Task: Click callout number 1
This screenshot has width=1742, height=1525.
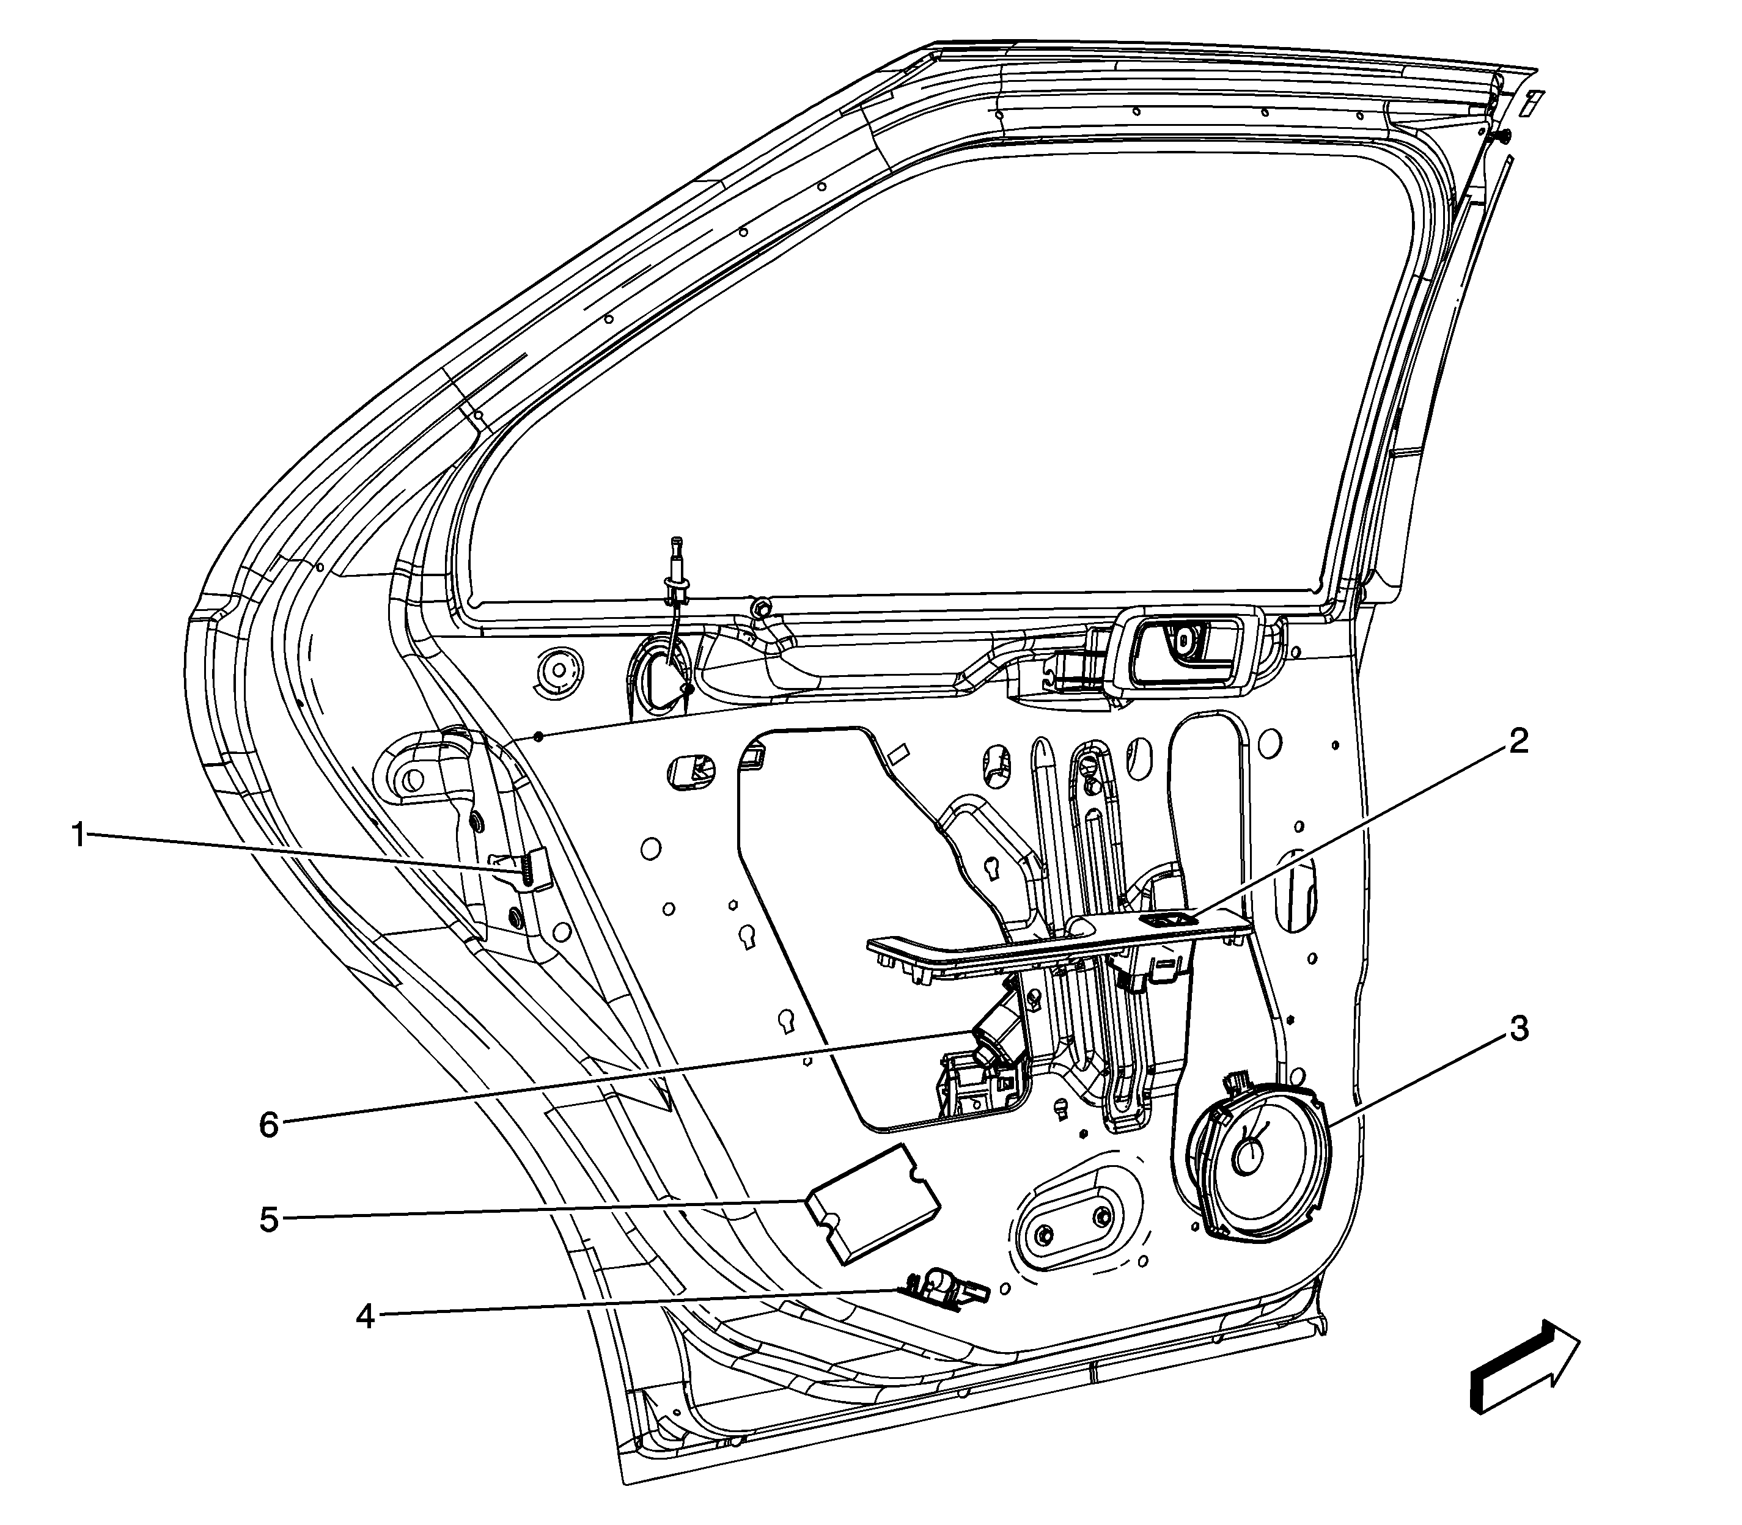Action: pyautogui.click(x=78, y=835)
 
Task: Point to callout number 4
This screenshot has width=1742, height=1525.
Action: pyautogui.click(x=364, y=1317)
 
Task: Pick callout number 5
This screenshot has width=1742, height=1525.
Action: pyautogui.click(x=268, y=1220)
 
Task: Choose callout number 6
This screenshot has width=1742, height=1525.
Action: pyautogui.click(x=268, y=1125)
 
